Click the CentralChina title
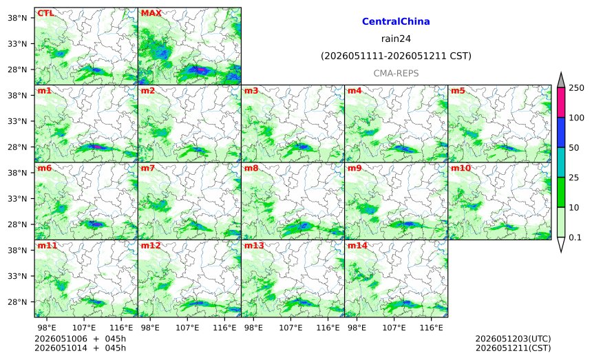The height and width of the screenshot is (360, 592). point(396,21)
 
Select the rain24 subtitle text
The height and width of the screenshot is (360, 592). point(396,39)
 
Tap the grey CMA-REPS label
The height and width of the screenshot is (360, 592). point(396,73)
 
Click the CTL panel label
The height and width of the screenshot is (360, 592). point(45,13)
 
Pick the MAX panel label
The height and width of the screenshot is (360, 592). point(151,13)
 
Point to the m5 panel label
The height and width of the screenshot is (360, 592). point(458,91)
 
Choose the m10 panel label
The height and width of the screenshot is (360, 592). point(461,168)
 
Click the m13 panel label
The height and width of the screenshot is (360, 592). point(254,246)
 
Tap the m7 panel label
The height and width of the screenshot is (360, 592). point(148,168)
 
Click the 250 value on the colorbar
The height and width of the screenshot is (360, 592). point(576,88)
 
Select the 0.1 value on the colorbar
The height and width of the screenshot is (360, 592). point(575,237)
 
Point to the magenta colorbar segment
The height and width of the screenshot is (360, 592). point(560,103)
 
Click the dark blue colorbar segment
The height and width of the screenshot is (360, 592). point(560,132)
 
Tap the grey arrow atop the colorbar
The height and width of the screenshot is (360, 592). point(560,81)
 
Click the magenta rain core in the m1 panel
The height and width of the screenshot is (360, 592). point(96,146)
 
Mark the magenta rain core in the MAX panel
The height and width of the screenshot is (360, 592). point(201,70)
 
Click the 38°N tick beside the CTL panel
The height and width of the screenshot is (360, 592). point(17,18)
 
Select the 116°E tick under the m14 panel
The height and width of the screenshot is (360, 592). point(431,328)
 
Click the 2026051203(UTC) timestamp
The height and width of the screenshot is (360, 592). point(513,339)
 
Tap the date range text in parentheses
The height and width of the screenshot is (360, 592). point(396,56)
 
